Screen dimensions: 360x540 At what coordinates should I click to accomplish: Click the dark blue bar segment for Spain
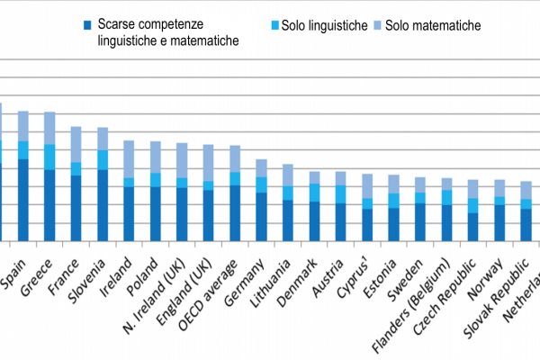coord(22,201)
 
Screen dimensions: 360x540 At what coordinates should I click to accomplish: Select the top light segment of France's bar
coord(76,144)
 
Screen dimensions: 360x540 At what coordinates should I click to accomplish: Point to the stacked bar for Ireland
coord(129,191)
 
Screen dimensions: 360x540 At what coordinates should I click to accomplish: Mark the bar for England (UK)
coord(208,193)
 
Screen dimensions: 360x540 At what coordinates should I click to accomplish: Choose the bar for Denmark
coord(289,206)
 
